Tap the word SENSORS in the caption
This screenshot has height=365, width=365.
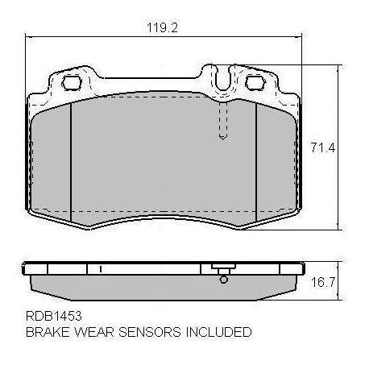tap(148, 331)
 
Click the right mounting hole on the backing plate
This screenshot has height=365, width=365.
tap(256, 82)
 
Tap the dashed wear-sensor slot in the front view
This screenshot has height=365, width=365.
tap(221, 121)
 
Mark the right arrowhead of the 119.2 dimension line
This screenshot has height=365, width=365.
tap(302, 37)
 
